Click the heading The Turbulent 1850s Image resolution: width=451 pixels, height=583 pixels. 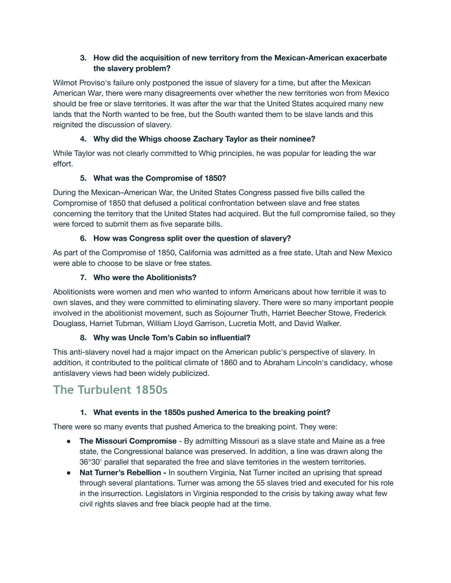(110, 390)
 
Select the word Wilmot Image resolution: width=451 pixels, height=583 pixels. (66, 83)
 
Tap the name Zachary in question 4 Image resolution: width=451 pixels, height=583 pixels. (208, 139)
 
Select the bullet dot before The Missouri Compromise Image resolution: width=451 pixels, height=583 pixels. (68, 442)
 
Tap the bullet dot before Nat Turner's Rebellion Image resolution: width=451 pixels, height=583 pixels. (68, 473)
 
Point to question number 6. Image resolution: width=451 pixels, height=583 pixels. (83, 238)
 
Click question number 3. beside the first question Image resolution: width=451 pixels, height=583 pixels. (83, 58)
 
